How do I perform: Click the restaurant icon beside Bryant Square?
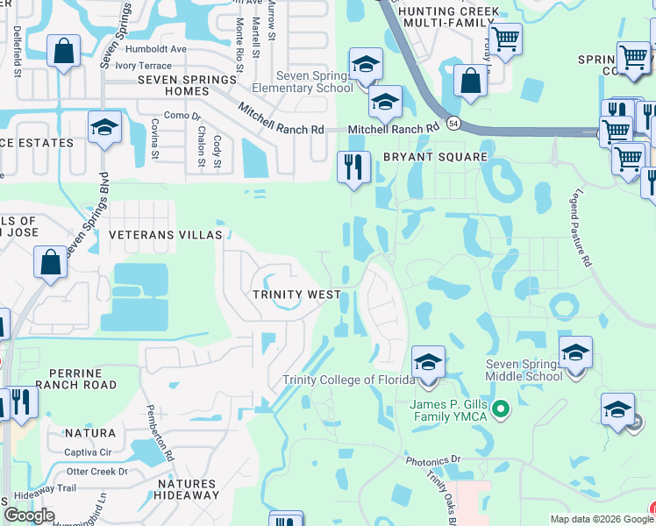(x=353, y=167)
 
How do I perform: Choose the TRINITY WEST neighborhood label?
(x=296, y=295)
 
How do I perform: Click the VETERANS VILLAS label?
(x=167, y=235)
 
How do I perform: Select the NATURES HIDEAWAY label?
(x=186, y=490)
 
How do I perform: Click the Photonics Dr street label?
(x=432, y=459)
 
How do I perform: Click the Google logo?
(x=29, y=515)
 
